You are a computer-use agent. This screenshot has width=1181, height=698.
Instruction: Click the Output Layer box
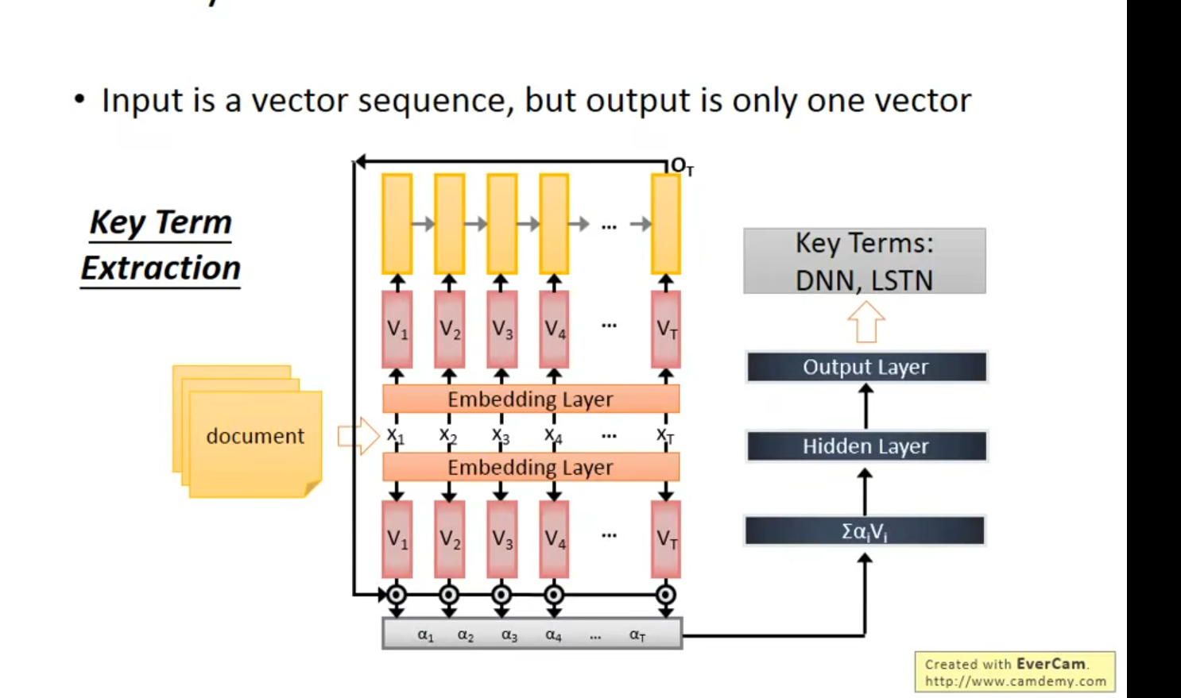pyautogui.click(x=865, y=367)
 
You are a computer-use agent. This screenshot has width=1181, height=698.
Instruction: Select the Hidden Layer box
pyautogui.click(x=865, y=446)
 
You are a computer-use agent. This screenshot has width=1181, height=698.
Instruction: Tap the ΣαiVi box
pyautogui.click(x=865, y=530)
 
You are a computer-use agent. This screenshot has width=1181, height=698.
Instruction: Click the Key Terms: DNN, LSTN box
pyautogui.click(x=865, y=261)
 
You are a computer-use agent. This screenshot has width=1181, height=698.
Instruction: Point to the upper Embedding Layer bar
pyautogui.click(x=531, y=399)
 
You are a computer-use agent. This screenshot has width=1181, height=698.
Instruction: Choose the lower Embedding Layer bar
pyautogui.click(x=531, y=467)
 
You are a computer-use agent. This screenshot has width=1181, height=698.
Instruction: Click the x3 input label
pyautogui.click(x=501, y=435)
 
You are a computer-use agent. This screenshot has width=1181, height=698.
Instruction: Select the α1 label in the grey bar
pyautogui.click(x=426, y=634)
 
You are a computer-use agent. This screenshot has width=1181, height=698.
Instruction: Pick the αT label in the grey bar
pyautogui.click(x=637, y=634)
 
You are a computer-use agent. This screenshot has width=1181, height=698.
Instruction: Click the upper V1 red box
pyautogui.click(x=397, y=329)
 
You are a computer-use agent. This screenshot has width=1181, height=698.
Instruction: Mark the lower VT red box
pyautogui.click(x=666, y=539)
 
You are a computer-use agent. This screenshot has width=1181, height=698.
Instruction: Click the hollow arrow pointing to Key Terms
pyautogui.click(x=865, y=322)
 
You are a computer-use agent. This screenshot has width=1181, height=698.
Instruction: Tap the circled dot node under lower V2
pyautogui.click(x=449, y=594)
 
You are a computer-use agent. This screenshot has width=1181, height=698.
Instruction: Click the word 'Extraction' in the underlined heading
pyautogui.click(x=161, y=268)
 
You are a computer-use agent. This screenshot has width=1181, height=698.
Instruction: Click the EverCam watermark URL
pyautogui.click(x=1015, y=681)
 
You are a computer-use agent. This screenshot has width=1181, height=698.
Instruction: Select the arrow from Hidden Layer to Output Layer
pyautogui.click(x=865, y=407)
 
